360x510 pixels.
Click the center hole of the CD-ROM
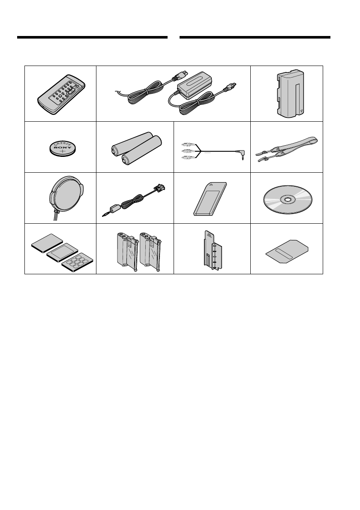287,199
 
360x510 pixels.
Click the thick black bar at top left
92,37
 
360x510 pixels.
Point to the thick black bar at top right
255,37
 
